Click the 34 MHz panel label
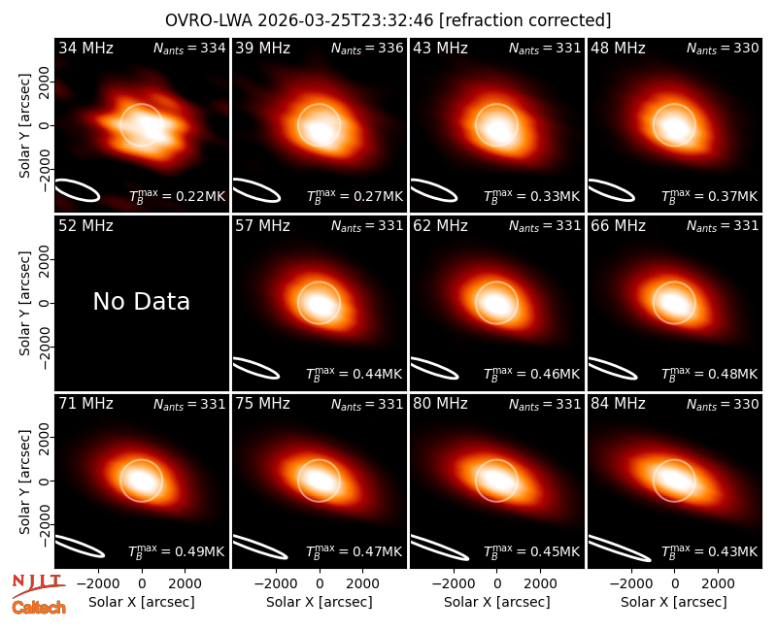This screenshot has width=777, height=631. coord(85,48)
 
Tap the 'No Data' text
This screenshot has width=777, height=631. coord(141,301)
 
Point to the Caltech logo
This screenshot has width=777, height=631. coord(39,608)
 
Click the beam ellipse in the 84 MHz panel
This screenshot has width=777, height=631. coord(620,548)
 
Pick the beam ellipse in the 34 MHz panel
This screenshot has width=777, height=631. coord(78,190)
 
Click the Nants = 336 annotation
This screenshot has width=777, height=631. coord(367,48)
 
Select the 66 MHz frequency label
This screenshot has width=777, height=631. coord(618,226)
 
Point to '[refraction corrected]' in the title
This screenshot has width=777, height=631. coord(525,20)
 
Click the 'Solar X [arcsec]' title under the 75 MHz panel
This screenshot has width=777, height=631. coord(320,602)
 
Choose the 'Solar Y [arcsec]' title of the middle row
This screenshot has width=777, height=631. coord(24,303)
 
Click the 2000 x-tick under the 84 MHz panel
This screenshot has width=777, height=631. coord(718,584)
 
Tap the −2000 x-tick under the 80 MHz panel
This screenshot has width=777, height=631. coord(453,584)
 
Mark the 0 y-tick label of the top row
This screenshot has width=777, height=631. coord(46,125)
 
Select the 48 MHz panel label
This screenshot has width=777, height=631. coord(618,48)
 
